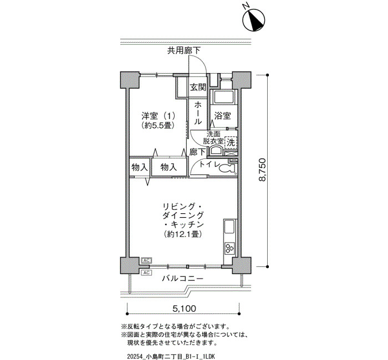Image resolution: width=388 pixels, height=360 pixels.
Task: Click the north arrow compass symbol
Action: tap(254, 20)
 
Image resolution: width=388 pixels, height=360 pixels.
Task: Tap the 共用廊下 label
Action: tap(184, 50)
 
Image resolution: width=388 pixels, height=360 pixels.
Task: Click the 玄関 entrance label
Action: tap(198, 87)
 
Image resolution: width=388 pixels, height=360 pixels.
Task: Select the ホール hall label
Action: tap(198, 113)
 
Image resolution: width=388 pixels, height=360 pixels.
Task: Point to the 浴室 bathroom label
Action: tap(223, 116)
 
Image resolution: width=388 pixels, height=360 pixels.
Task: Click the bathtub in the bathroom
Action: tap(223, 97)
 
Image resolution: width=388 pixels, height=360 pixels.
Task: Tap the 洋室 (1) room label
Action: tap(159, 115)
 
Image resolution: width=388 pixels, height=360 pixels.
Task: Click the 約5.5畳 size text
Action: tap(159, 125)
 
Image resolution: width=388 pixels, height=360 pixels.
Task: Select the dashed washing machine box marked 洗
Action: tap(231, 143)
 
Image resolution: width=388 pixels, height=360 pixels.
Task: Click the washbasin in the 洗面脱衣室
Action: tap(216, 150)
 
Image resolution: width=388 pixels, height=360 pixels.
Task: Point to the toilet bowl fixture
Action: tap(227, 168)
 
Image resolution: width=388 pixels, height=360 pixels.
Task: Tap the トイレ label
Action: tap(210, 164)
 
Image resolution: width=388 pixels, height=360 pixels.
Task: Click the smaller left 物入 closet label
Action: tap(140, 168)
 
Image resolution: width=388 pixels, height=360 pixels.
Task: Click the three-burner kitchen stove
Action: tap(229, 248)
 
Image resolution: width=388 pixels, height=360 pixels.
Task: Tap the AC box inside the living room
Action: tap(146, 260)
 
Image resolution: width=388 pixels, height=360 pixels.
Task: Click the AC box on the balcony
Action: tap(146, 272)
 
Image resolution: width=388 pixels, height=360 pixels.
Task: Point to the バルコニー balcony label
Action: tap(183, 279)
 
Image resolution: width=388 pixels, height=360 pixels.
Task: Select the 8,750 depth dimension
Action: tap(262, 170)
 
